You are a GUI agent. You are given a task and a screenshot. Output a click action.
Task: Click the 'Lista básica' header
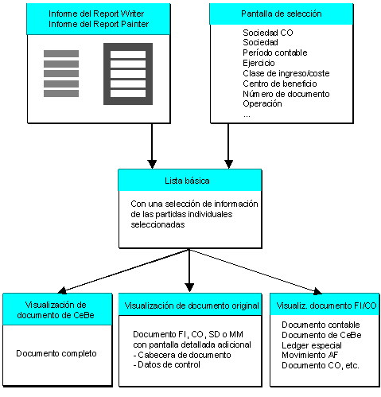coord(187,181)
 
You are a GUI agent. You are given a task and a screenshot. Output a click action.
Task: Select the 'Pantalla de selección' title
coord(282,14)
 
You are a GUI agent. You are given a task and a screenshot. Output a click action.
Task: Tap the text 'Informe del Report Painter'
coord(99,24)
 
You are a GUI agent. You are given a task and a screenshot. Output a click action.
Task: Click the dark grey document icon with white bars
coord(128,74)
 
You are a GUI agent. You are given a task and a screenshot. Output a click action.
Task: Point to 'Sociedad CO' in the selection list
coord(268,33)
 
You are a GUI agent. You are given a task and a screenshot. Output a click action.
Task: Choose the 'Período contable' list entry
coord(275,53)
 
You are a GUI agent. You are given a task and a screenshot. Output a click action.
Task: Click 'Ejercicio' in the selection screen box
coord(259,63)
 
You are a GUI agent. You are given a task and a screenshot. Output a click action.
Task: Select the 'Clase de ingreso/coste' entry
coord(286,73)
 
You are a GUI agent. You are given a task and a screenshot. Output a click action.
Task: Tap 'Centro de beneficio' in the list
coord(280,84)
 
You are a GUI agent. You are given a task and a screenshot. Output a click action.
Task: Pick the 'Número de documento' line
coord(286,94)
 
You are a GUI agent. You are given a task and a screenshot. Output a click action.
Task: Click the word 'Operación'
coord(262,103)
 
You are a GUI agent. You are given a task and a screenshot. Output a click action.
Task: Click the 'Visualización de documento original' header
coord(192,306)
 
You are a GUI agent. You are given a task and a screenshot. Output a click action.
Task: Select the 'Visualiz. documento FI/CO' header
coord(326,306)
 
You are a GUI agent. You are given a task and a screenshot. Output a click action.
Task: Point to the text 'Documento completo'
coord(56,353)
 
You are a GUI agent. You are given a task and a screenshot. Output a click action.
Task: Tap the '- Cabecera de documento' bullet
coord(182,355)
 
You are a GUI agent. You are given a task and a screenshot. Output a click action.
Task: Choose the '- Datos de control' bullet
coord(166,364)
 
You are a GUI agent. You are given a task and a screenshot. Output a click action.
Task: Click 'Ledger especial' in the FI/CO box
coord(312,345)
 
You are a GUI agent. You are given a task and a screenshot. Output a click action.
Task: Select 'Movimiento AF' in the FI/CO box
coord(309,355)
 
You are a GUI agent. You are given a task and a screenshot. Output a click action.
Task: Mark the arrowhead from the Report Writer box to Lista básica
coord(152,164)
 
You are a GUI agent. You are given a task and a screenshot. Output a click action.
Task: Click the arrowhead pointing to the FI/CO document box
coord(317,291)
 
